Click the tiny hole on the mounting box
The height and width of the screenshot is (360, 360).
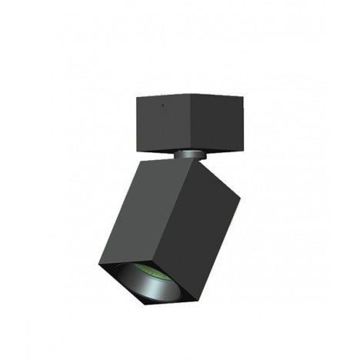coord(162,102)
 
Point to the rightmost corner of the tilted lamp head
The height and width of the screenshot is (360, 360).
coord(240,196)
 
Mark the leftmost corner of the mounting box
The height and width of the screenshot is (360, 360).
coord(135,97)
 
